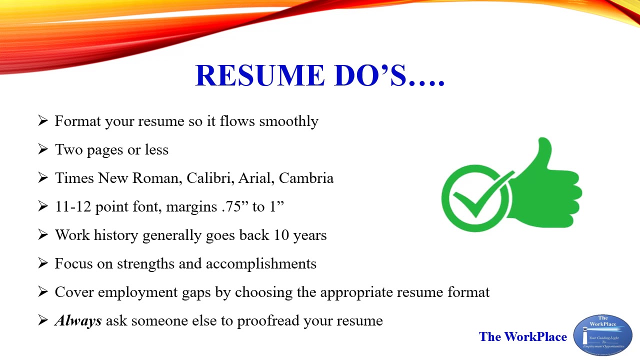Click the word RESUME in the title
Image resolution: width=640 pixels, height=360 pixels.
256,75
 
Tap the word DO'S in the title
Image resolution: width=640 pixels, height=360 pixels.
367,75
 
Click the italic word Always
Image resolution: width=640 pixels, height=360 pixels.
78,320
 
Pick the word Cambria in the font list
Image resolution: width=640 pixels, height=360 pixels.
306,178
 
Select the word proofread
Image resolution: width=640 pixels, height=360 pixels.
268,321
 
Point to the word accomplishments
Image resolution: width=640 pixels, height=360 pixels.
261,263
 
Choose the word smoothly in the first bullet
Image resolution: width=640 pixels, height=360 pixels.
288,121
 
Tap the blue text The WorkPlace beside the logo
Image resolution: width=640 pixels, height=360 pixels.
522,336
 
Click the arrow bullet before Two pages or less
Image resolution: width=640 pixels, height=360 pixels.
43,149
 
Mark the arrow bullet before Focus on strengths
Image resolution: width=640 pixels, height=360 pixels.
43,263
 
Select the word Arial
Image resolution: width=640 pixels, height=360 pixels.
255,178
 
